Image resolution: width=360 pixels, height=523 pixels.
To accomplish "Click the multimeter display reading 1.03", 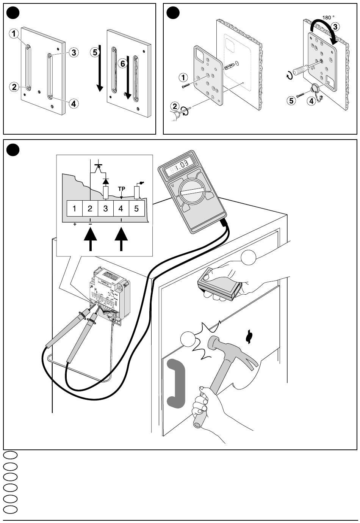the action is (x=180, y=166).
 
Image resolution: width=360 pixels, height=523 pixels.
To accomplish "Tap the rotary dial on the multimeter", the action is (x=192, y=192).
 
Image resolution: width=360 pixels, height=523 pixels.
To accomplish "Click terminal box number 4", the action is (x=121, y=209).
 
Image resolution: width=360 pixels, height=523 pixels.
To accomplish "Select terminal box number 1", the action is (x=74, y=209).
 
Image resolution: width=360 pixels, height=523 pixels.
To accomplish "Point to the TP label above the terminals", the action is (x=122, y=188).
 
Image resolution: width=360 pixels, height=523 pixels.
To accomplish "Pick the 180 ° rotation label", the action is (x=328, y=17).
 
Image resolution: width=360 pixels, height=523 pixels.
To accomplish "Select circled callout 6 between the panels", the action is (x=123, y=63).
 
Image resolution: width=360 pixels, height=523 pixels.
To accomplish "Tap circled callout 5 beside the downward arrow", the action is (x=95, y=52).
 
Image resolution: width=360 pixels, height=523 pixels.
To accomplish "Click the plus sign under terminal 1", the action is (x=75, y=225).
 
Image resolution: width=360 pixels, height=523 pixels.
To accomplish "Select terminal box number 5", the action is (x=137, y=209).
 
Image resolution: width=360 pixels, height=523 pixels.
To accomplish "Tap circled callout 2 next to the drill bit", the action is (x=175, y=107).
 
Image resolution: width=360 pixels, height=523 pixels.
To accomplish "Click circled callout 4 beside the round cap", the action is (x=311, y=101).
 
